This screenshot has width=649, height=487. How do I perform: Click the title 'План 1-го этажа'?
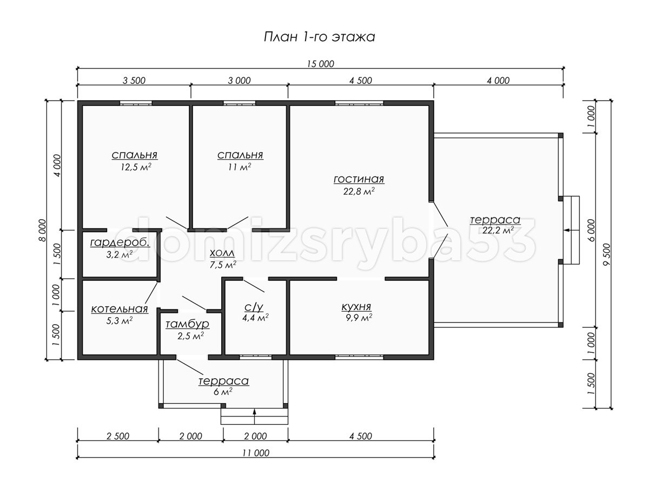(x=319, y=37)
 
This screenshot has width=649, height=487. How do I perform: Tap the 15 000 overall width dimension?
(x=321, y=64)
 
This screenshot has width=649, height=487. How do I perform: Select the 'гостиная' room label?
(x=359, y=179)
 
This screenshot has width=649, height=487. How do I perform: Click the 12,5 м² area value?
(x=136, y=167)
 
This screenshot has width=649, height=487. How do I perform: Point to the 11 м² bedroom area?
(x=240, y=167)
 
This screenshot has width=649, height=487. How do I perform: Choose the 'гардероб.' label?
(x=120, y=243)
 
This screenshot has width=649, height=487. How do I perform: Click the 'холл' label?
(x=222, y=253)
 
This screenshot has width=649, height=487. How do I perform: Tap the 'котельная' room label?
(x=120, y=309)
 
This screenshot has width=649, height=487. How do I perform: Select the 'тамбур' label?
(x=188, y=324)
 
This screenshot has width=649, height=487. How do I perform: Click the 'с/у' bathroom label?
(x=254, y=307)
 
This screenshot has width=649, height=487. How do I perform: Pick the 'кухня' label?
(x=356, y=307)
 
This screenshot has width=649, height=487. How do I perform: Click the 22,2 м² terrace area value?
(x=498, y=230)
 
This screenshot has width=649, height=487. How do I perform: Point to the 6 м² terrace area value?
(x=223, y=392)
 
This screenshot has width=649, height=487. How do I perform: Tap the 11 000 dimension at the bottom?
(x=256, y=453)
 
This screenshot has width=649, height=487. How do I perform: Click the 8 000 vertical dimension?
(x=43, y=230)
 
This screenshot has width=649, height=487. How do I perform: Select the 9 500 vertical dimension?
(x=606, y=254)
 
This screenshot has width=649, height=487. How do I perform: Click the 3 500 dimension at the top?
(x=134, y=81)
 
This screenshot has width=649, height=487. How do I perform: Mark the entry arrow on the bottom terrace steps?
(x=255, y=416)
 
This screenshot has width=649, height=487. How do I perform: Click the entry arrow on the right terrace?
(x=571, y=230)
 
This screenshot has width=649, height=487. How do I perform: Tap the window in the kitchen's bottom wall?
(x=359, y=358)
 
